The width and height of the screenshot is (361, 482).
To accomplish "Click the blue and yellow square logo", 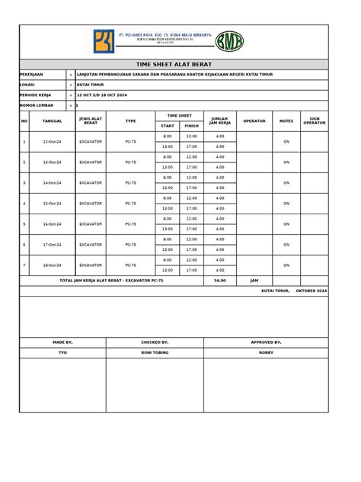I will click(x=101, y=40).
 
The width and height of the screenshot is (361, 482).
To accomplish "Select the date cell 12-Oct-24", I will click(x=53, y=142).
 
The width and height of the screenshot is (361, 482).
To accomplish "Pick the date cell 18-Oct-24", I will click(x=53, y=265).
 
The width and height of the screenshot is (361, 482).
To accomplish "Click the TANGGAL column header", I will click(x=53, y=121).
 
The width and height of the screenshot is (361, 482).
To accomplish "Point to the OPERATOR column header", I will click(x=254, y=121).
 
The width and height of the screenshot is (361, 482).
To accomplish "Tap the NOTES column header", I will click(x=286, y=121).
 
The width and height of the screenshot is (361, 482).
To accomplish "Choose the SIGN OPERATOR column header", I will click(x=315, y=121).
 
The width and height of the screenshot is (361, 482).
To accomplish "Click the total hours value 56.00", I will click(x=220, y=281).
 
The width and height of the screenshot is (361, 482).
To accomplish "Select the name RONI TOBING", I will click(x=155, y=354).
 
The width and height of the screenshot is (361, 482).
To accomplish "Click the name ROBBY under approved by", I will click(x=266, y=354).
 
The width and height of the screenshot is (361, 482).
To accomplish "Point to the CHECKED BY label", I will click(x=155, y=343).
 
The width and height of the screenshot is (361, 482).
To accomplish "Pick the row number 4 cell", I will click(x=24, y=204).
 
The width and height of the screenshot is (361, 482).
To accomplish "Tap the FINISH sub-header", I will click(x=191, y=126).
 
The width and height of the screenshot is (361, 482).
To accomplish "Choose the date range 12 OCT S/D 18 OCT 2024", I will click(x=104, y=95).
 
